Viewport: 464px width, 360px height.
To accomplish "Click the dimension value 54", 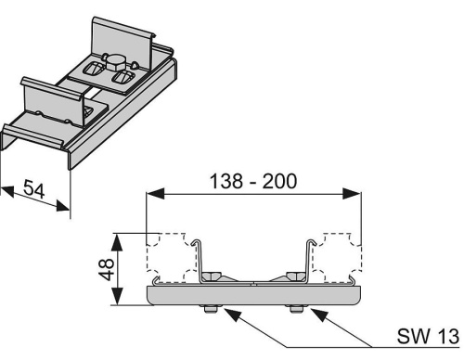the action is (34, 188).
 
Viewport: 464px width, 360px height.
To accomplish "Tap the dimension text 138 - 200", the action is (253, 181).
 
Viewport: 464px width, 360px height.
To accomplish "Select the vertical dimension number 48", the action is (107, 270).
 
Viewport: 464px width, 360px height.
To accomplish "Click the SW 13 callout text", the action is (428, 336).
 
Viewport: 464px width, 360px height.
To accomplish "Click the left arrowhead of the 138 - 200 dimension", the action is (156, 194).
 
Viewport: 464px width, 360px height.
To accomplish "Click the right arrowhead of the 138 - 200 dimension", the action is (352, 194).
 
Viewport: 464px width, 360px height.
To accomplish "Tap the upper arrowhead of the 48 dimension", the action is (117, 242).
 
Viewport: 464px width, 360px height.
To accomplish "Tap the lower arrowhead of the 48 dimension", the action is (117, 296).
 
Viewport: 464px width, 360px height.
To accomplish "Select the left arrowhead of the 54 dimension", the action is (7, 191).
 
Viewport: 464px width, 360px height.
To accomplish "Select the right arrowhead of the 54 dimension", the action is (63, 205).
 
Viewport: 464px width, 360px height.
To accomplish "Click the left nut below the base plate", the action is (210, 308).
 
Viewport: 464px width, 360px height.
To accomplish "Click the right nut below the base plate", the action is (297, 308).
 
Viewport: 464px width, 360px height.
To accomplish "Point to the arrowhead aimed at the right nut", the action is (319, 315).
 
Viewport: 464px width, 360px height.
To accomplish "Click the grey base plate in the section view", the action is (253, 295).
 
